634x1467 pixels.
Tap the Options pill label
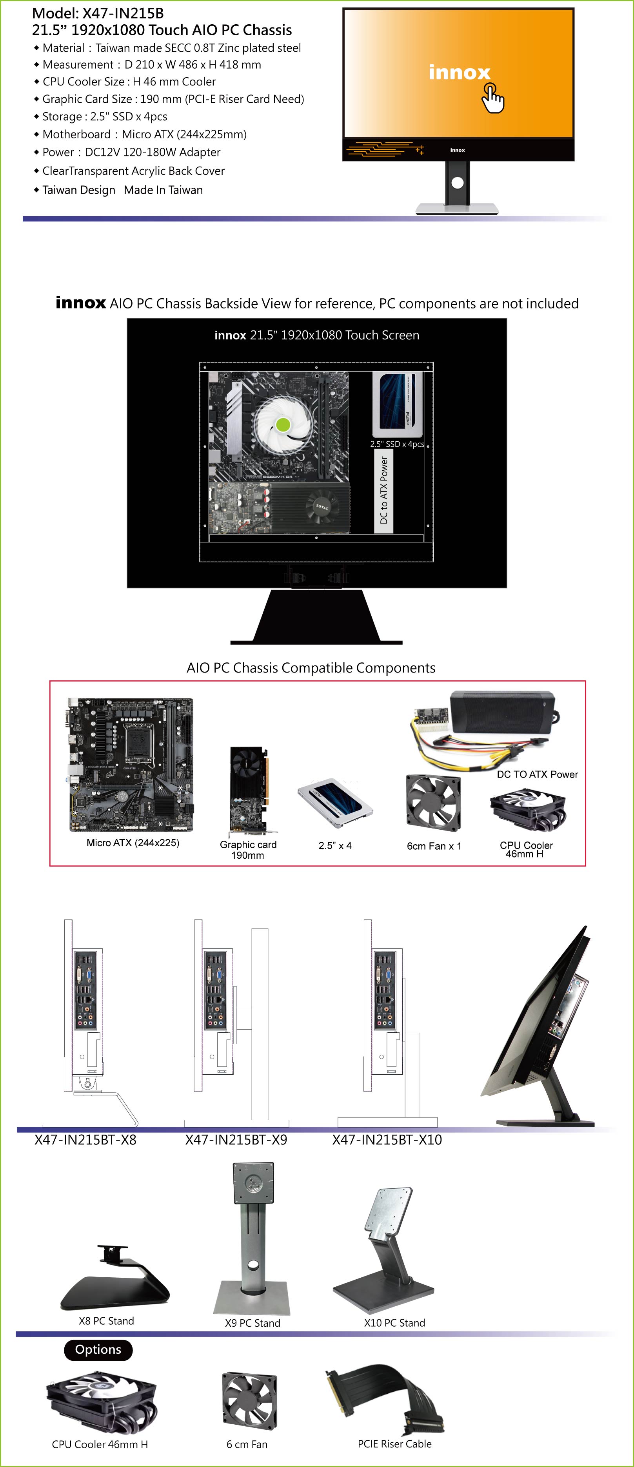point(98,1350)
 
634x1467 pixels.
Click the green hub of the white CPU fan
point(283,424)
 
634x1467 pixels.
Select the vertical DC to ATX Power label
point(383,490)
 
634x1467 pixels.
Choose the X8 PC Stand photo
point(115,1277)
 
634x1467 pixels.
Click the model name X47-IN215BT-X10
point(387,1140)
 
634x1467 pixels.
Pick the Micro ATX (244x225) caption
point(133,843)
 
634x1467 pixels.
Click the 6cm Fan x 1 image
point(433,803)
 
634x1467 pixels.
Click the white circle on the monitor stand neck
point(458,183)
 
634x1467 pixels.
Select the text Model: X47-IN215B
point(98,13)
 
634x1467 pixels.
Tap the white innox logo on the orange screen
point(459,73)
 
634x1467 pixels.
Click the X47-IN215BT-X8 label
point(85,1140)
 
